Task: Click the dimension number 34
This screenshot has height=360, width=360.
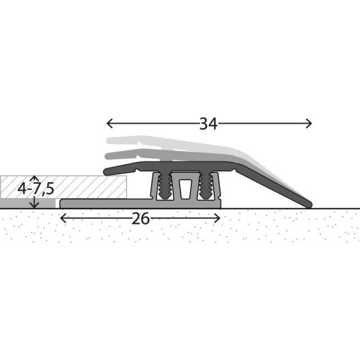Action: (208, 123)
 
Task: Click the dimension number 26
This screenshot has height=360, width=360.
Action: (140, 218)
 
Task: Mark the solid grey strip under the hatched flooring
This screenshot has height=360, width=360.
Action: (29, 204)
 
